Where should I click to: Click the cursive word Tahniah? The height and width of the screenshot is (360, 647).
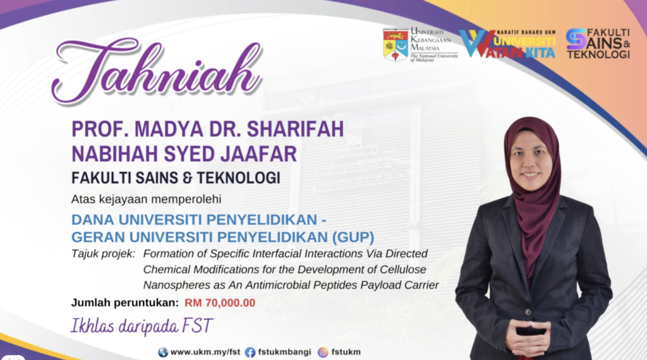tap(157, 70)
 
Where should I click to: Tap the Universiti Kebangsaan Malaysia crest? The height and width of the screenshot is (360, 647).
tap(396, 45)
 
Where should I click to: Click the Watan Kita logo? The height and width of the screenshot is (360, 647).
tap(507, 44)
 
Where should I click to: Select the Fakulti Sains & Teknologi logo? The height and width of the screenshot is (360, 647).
tap(598, 43)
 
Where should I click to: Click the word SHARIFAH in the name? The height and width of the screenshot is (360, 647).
tap(296, 129)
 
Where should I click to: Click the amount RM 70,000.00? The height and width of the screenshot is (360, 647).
tap(220, 303)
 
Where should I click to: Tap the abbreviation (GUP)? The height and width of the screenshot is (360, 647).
tap(353, 237)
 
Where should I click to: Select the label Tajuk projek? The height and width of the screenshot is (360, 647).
tap(103, 254)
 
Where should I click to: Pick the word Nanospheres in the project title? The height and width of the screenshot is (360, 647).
tap(170, 285)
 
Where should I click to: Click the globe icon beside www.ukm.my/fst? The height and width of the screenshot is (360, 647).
tap(163, 352)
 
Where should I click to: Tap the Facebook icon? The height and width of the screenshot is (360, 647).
tap(250, 352)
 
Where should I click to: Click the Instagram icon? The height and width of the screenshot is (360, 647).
tap(323, 352)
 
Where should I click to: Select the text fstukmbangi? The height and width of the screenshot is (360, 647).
tap(285, 352)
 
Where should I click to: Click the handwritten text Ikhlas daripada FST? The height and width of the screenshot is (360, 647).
tap(142, 326)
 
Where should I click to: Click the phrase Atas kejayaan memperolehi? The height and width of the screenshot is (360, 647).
tap(146, 199)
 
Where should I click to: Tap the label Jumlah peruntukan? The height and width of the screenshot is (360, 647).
tap(125, 303)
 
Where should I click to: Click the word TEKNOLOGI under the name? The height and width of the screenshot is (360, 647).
tap(238, 177)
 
